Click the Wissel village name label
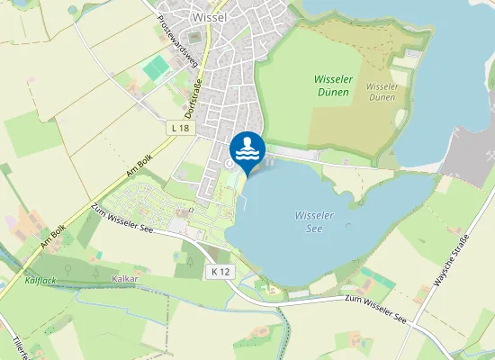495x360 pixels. [x=209, y=16]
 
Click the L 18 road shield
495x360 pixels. [x=179, y=129]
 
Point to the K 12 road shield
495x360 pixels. [x=221, y=271]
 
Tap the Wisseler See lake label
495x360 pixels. [x=315, y=221]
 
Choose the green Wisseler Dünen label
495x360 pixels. [x=334, y=85]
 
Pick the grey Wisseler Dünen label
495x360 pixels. [x=382, y=91]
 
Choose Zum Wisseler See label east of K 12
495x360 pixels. [x=377, y=309]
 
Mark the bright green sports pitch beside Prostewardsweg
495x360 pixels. [x=159, y=67]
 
